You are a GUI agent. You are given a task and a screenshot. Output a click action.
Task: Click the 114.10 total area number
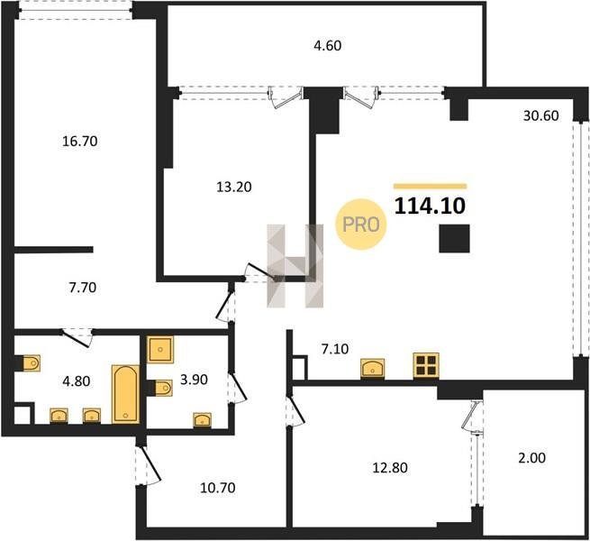tap(430, 206)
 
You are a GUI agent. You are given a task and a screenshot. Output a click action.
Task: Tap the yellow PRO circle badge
tap(361, 225)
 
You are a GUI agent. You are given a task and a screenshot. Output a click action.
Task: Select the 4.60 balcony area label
tap(327, 46)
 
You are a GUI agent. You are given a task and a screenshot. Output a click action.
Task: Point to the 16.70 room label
tap(80, 142)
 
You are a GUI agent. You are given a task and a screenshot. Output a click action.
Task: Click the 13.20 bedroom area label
tap(234, 187)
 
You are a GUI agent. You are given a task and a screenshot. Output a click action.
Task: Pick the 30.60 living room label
tap(541, 115)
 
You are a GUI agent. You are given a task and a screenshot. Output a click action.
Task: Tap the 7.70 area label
tap(83, 288)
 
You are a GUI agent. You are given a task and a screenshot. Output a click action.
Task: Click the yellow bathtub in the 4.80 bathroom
tap(125, 394)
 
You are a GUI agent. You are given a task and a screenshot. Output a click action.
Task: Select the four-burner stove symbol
tap(426, 365)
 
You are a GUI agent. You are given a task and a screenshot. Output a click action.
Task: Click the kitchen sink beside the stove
tap(373, 368)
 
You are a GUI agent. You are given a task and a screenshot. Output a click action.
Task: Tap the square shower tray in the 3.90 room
tap(160, 350)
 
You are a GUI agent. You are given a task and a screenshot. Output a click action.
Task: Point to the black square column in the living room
tap(454, 238)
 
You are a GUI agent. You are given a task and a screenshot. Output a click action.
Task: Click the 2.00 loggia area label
tap(531, 458)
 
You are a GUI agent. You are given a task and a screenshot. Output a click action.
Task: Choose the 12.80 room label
tap(390, 468)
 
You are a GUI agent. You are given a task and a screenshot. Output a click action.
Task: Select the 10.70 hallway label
tap(218, 488)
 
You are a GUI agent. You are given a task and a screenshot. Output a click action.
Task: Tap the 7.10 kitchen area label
tap(334, 349)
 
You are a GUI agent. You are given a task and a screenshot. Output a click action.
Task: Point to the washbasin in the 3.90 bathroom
tap(202, 419)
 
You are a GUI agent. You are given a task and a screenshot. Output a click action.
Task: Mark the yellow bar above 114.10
tap(430, 186)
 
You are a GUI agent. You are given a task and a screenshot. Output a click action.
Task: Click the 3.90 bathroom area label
tap(194, 380)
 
